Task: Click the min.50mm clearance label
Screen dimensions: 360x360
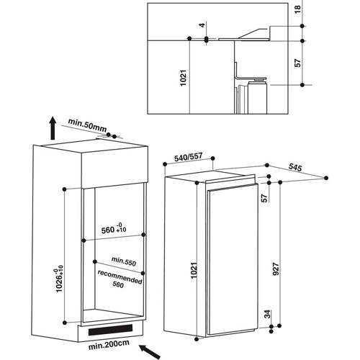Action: pyautogui.click(x=87, y=125)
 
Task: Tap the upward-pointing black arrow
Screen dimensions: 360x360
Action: pyautogui.click(x=53, y=128)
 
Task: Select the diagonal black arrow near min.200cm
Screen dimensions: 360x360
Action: pyautogui.click(x=150, y=352)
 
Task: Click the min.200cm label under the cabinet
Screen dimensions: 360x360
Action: pyautogui.click(x=109, y=345)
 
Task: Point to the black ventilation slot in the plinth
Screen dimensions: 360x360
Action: pyautogui.click(x=110, y=330)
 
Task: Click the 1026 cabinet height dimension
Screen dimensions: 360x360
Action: pyautogui.click(x=59, y=279)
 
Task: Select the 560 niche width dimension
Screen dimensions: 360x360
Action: pyautogui.click(x=114, y=229)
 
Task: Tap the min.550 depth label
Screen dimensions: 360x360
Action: pyautogui.click(x=124, y=261)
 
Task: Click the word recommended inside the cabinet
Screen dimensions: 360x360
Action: pyautogui.click(x=120, y=277)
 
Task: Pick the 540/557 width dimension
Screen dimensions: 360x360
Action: pyautogui.click(x=189, y=157)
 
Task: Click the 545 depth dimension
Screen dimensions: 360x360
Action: pyautogui.click(x=295, y=167)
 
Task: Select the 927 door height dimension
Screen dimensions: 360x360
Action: pyautogui.click(x=276, y=269)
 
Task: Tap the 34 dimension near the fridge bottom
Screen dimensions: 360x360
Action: pyautogui.click(x=267, y=314)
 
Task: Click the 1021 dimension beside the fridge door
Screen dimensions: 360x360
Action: pyautogui.click(x=194, y=270)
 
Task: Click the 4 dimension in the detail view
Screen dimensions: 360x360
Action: pyautogui.click(x=203, y=24)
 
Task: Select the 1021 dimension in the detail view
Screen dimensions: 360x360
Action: pyautogui.click(x=183, y=78)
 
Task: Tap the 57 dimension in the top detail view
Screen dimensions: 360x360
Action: pyautogui.click(x=297, y=63)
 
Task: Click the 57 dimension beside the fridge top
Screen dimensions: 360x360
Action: pyautogui.click(x=264, y=198)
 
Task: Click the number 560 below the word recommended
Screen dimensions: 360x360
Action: pyautogui.click(x=118, y=285)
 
